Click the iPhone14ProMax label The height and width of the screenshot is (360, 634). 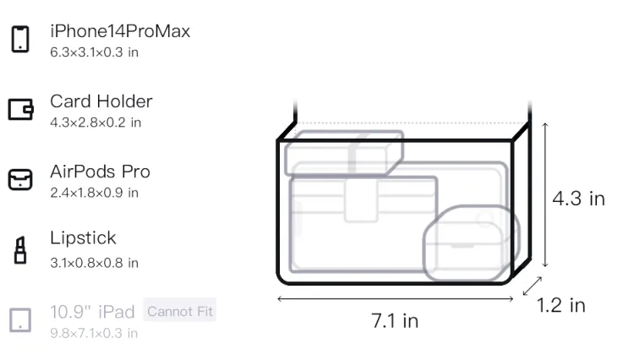[120, 31]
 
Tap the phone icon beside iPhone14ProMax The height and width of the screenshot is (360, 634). [19, 39]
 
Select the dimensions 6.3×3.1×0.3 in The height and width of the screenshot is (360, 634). [94, 52]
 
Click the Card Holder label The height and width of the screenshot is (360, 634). [101, 101]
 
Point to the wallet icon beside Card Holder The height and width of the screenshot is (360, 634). [20, 109]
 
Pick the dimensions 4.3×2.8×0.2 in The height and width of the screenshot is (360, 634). [96, 123]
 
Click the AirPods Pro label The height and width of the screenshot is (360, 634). [100, 172]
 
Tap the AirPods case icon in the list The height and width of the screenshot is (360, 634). [20, 179]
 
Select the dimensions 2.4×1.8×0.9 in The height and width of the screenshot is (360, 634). [94, 193]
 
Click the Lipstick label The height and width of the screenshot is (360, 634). [83, 237]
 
